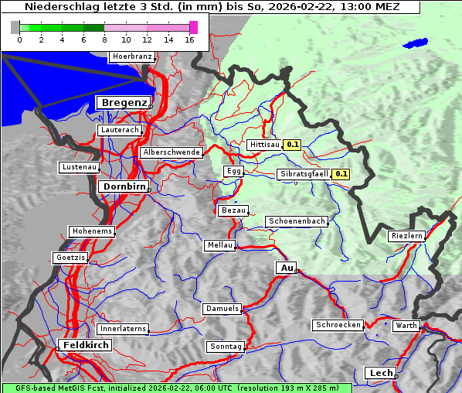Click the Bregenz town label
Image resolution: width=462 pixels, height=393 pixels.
[x=122, y=103]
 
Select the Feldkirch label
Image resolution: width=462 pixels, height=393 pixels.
[x=85, y=345]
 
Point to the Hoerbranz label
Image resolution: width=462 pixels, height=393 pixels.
[x=131, y=56]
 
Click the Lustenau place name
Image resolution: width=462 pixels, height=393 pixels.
[x=79, y=167]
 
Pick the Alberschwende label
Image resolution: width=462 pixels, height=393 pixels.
[x=171, y=152]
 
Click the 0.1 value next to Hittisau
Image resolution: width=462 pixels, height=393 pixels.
[x=293, y=145]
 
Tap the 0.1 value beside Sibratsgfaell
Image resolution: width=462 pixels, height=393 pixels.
[x=341, y=174]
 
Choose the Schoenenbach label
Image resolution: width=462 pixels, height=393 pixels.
[x=297, y=221]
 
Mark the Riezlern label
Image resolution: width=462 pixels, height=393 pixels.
[x=406, y=236]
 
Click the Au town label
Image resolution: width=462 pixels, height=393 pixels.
[x=286, y=268]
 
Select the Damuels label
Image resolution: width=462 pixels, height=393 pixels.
[x=223, y=309]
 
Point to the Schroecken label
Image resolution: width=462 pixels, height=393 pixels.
[x=338, y=325]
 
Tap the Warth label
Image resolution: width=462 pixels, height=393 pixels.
[x=406, y=326]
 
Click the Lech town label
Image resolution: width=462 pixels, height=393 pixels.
[x=381, y=373]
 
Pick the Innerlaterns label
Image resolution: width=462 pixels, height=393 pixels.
[x=123, y=329]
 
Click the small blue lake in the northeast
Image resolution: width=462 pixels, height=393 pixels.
[x=415, y=43]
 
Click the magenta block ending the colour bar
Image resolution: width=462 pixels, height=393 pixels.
[x=193, y=27]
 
